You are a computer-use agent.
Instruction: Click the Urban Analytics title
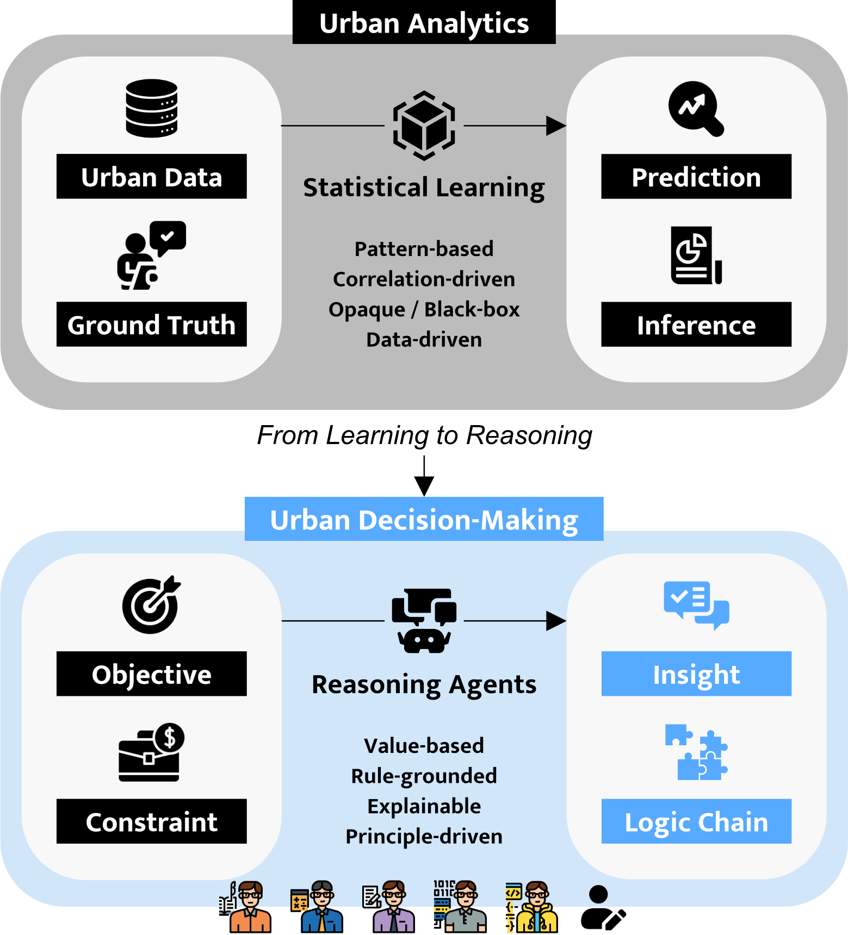tap(424, 23)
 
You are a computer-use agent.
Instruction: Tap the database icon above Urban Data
tap(152, 108)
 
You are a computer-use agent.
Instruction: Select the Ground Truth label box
tap(152, 325)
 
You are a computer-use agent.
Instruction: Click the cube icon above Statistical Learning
tap(424, 126)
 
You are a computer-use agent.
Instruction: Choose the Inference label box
tap(696, 325)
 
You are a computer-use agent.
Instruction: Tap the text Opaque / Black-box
tap(424, 309)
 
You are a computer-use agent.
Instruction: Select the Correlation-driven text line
tap(424, 279)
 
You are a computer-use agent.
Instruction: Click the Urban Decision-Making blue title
tap(424, 519)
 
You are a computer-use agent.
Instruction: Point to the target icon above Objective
tap(151, 604)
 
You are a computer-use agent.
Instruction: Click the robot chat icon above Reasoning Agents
tap(424, 620)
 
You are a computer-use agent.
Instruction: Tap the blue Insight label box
tap(696, 674)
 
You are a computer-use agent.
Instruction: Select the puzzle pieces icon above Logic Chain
tap(696, 752)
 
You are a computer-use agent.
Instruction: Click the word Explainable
tap(424, 806)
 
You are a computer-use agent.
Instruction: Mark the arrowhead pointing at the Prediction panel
tap(556, 126)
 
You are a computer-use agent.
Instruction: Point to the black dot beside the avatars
tap(598, 894)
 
